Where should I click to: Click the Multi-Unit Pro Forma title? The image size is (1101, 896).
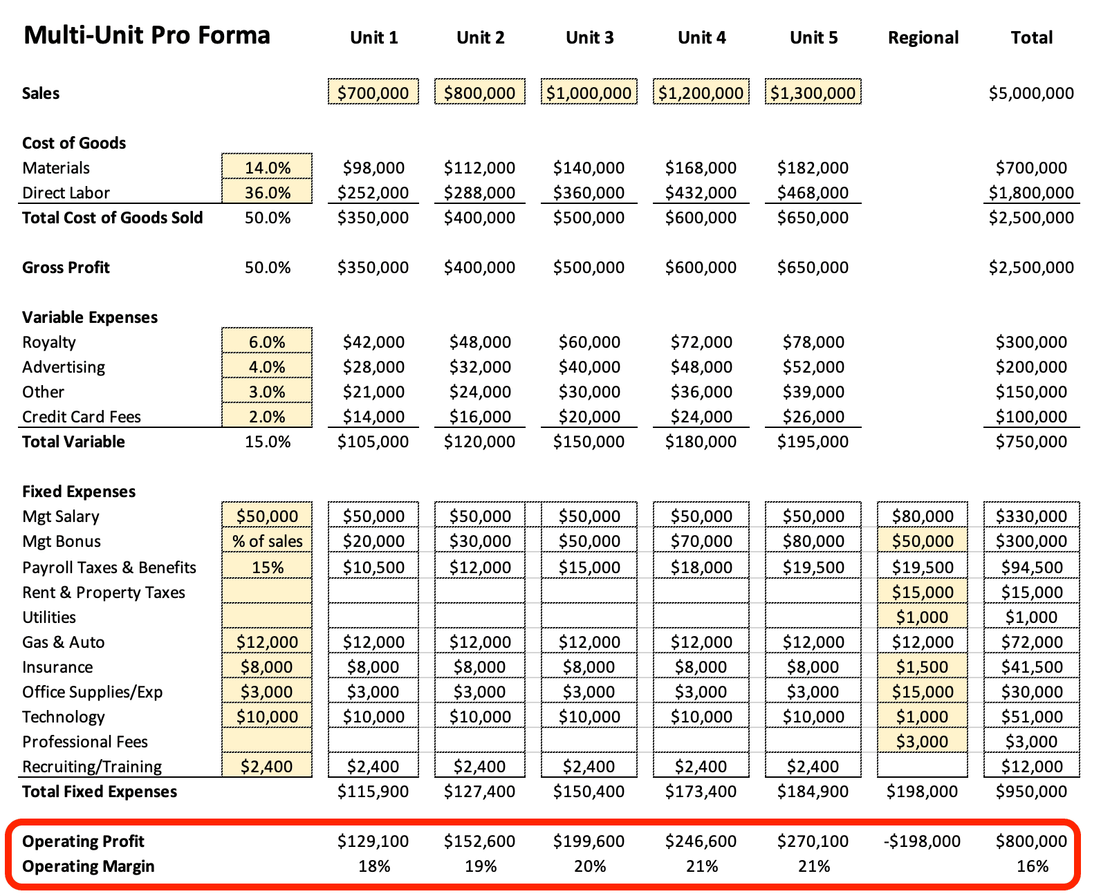point(147,35)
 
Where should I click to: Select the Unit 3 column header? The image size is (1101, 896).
point(589,38)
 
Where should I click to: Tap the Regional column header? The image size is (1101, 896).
point(923,38)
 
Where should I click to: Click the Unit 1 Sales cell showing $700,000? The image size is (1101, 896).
point(373,92)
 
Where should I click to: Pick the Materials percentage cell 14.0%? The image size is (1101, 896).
point(267,167)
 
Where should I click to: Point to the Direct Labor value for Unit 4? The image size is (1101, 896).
point(701,192)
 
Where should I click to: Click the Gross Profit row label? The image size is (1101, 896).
point(66,267)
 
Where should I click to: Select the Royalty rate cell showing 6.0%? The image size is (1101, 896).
point(267,341)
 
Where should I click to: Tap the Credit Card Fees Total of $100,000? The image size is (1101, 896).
point(1030,416)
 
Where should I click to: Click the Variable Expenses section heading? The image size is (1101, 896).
point(89,317)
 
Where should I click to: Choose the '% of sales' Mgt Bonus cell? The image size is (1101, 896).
point(267,541)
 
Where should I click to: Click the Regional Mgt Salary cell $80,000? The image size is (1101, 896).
point(922,515)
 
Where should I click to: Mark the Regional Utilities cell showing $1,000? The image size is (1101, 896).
point(922,617)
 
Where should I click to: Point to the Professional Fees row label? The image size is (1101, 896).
point(85,742)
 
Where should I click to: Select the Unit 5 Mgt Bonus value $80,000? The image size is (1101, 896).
point(813,541)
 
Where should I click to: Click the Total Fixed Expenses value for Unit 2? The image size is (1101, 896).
point(479,791)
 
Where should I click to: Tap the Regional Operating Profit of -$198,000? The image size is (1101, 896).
point(922,841)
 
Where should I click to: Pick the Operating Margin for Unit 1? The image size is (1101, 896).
point(373,866)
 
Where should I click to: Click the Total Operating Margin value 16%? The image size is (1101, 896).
point(1032,866)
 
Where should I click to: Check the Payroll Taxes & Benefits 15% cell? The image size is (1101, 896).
point(267,567)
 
